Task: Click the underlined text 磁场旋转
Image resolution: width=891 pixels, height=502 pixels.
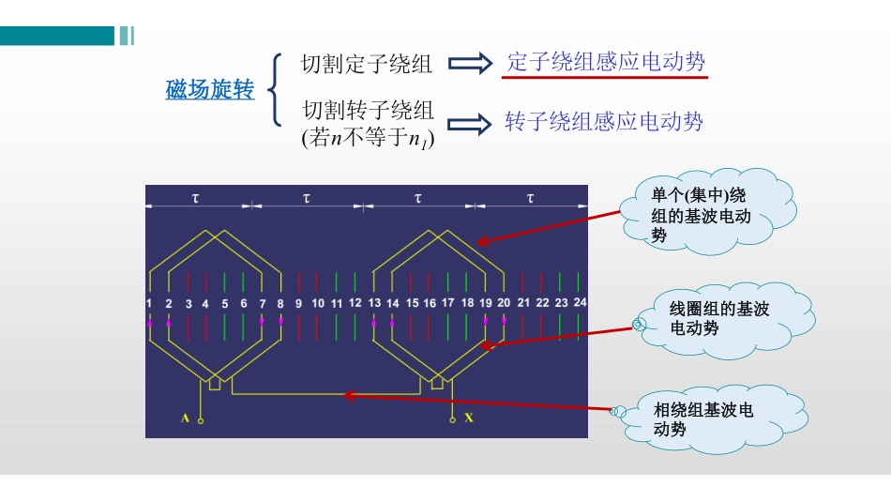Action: [x=210, y=91]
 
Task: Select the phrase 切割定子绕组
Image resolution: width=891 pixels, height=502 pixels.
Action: [x=367, y=65]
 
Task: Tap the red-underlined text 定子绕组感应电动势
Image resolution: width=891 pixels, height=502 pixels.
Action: [x=605, y=63]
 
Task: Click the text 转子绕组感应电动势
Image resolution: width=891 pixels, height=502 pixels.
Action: [x=603, y=122]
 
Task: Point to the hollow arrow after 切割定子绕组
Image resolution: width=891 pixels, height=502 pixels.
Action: [x=470, y=64]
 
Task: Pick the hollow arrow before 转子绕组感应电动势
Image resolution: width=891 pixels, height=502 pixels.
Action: [x=470, y=123]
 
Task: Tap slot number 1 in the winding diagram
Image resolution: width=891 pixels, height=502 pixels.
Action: [x=149, y=304]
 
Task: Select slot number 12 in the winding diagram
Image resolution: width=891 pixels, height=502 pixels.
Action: [x=355, y=303]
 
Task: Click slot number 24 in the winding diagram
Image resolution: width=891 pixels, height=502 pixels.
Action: [x=580, y=303]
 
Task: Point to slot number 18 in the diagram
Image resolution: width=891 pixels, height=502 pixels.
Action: [x=467, y=303]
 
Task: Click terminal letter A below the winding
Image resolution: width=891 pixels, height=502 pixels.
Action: [x=185, y=418]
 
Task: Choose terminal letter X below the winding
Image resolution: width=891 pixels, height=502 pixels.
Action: [x=469, y=418]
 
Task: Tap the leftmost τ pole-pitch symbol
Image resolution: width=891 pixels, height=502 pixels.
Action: [x=195, y=198]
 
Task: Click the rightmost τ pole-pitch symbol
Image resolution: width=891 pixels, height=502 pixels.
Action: [x=530, y=198]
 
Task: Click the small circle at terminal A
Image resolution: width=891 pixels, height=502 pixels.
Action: [x=201, y=421]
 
